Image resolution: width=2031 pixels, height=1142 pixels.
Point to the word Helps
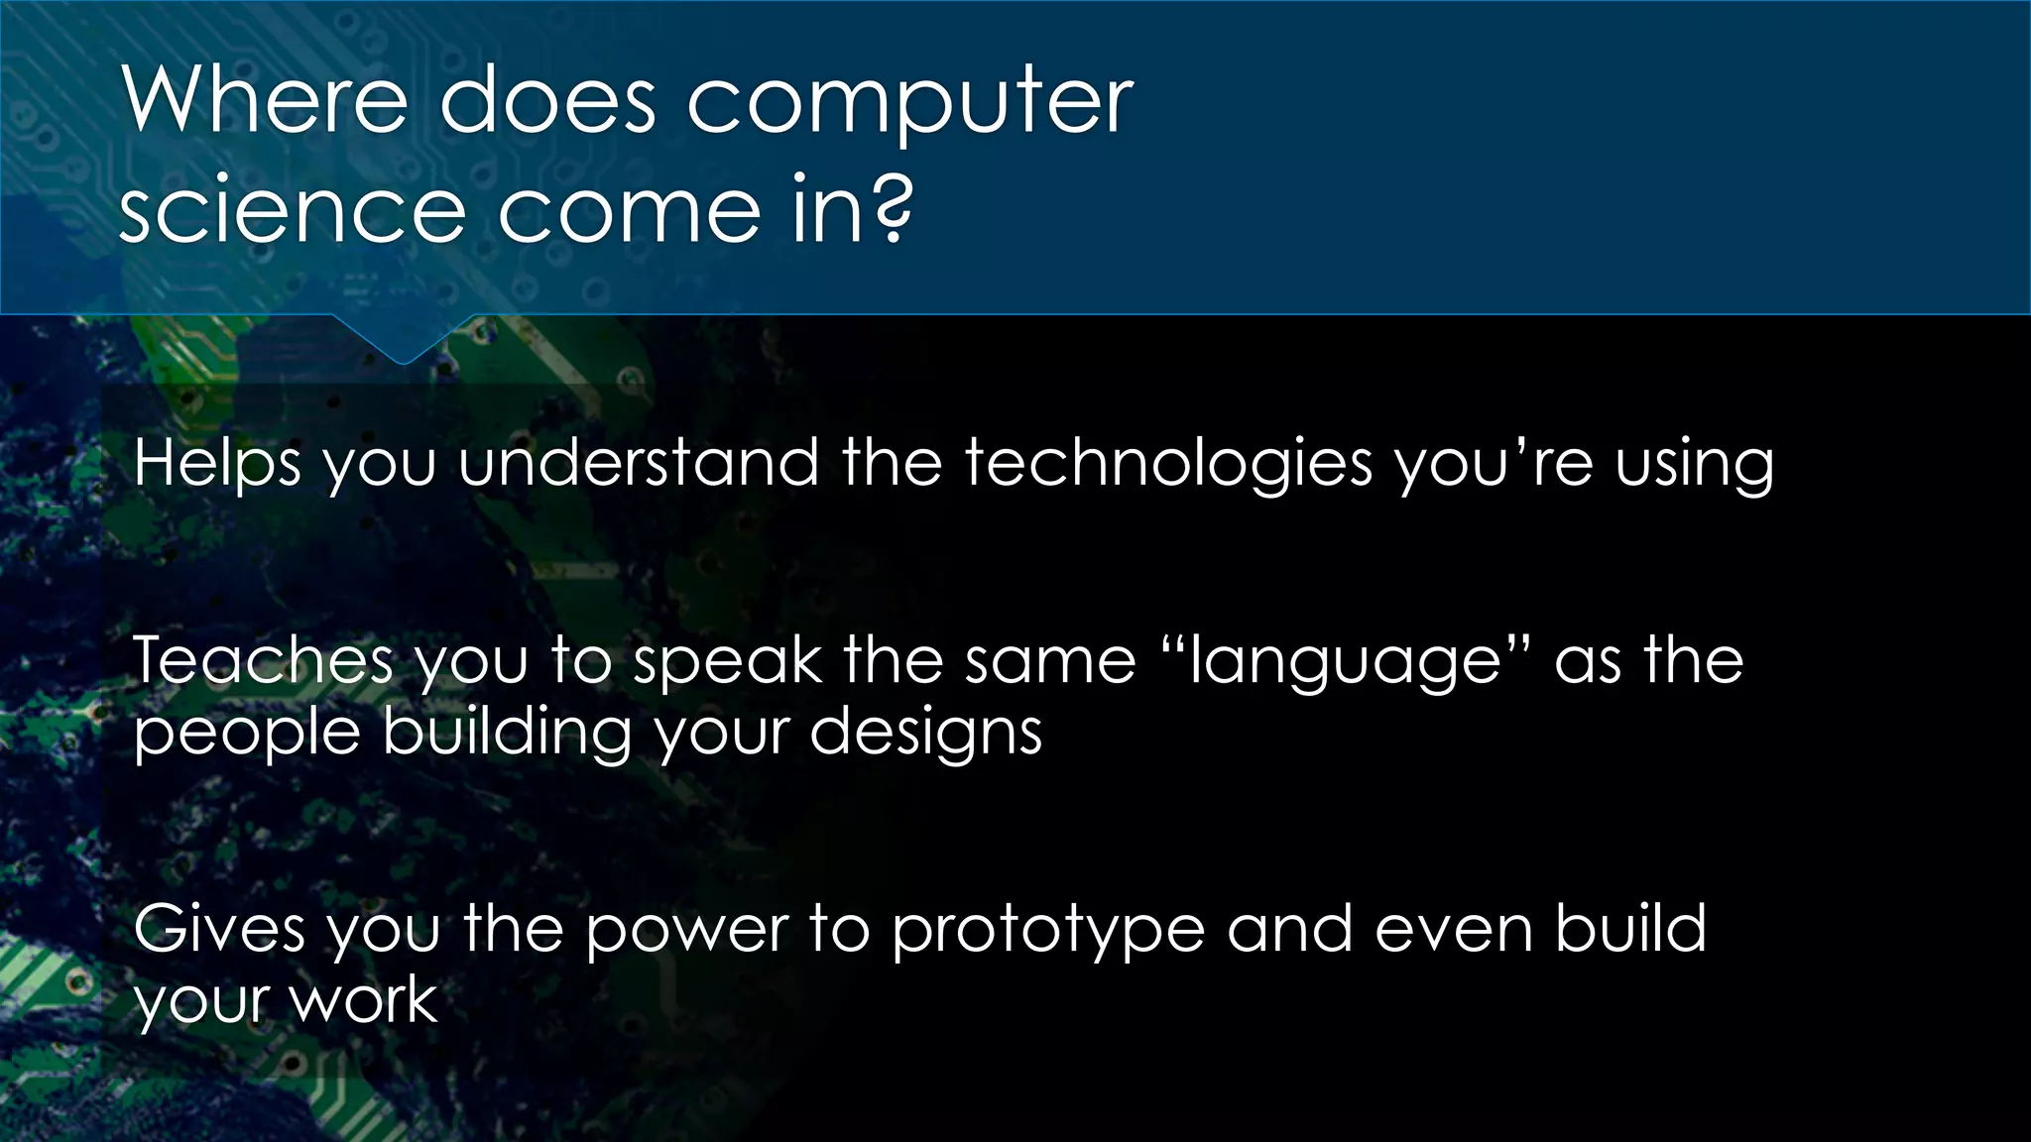[217, 464]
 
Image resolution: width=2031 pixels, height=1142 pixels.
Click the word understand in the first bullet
[638, 462]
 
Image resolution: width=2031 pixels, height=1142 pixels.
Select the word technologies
[1168, 464]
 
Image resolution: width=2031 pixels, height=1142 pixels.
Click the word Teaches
[263, 660]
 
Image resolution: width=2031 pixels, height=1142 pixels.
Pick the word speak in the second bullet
[727, 662]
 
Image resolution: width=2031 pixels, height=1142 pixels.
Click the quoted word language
[1346, 662]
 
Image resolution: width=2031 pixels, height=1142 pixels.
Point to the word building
[507, 734]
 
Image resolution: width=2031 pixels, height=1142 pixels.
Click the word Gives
[218, 929]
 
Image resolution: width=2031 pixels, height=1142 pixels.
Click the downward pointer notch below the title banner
[403, 343]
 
